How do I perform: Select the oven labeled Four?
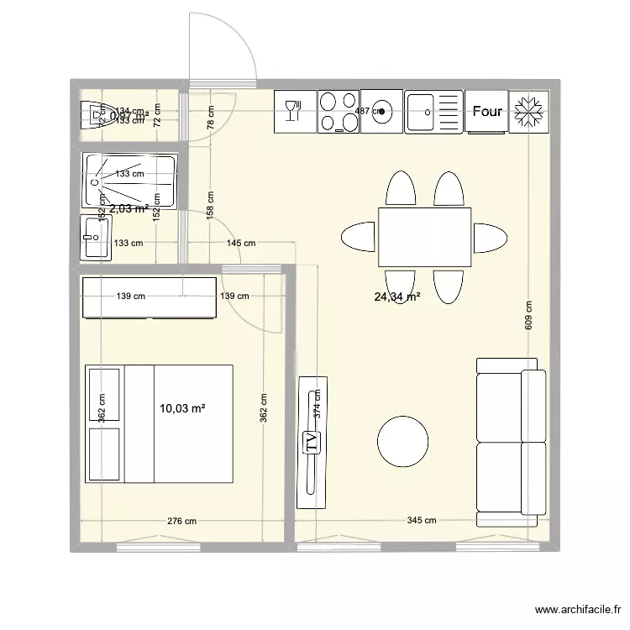(x=487, y=111)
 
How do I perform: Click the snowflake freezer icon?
(x=529, y=111)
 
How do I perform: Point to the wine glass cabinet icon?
(x=294, y=111)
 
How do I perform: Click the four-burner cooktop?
(x=338, y=111)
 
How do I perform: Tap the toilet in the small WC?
(x=94, y=115)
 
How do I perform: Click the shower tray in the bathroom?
(x=129, y=179)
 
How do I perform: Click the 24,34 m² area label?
(x=397, y=297)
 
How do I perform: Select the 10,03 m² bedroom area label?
(x=182, y=408)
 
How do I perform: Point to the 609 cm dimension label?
(x=528, y=317)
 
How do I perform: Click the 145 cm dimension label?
(x=240, y=244)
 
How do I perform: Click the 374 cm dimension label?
(x=317, y=407)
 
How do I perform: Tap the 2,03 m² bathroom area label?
(x=129, y=209)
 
